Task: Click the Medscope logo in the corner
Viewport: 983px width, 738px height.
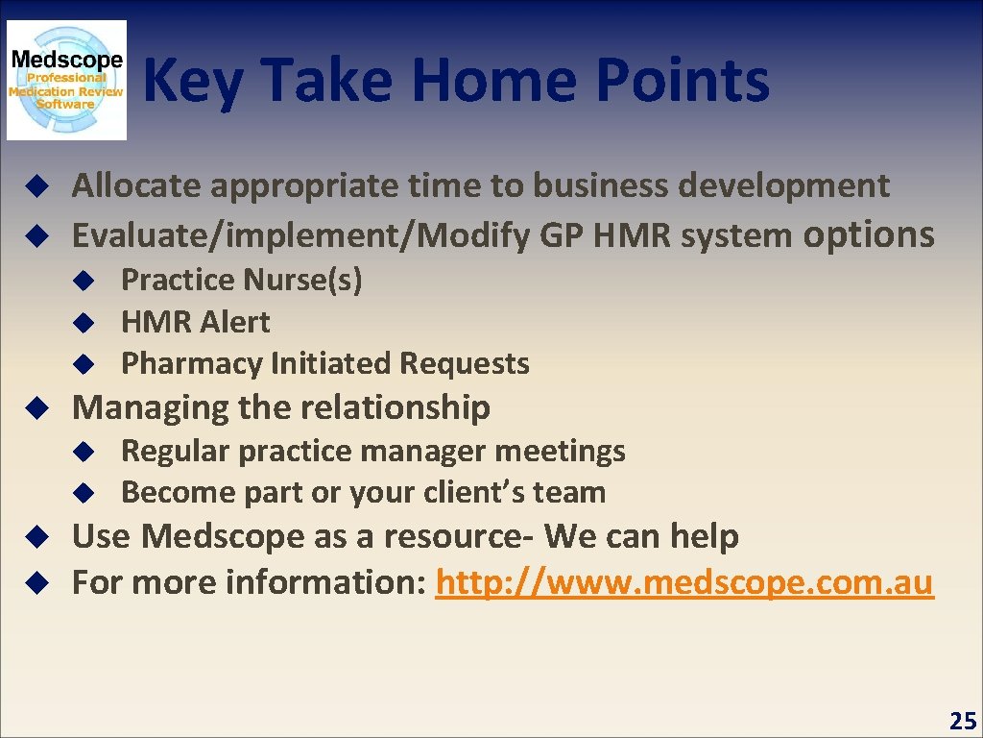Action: click(x=66, y=81)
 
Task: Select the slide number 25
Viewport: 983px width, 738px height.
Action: click(x=962, y=720)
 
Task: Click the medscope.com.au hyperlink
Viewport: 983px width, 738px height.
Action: click(x=684, y=582)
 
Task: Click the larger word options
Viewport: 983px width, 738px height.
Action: click(x=868, y=234)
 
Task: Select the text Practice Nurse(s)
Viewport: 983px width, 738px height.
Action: click(x=241, y=280)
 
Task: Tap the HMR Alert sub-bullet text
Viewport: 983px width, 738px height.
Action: click(x=195, y=322)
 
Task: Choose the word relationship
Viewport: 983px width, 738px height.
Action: click(x=388, y=407)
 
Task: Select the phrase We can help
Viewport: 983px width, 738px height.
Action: click(x=642, y=536)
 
